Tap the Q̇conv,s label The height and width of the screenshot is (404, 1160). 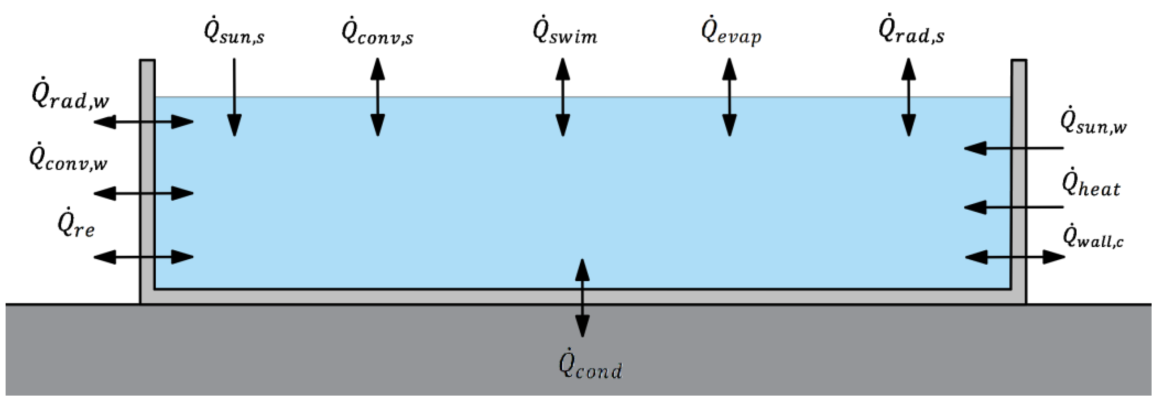[377, 32]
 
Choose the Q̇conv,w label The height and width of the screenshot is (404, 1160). [68, 159]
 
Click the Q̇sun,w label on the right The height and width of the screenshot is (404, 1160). [1094, 123]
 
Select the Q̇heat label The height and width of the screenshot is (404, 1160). [1091, 185]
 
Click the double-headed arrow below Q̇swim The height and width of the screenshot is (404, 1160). [563, 97]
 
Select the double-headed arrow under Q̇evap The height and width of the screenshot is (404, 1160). [729, 97]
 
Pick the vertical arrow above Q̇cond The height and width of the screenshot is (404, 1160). [582, 298]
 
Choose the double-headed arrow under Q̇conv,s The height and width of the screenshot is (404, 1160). [377, 97]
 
